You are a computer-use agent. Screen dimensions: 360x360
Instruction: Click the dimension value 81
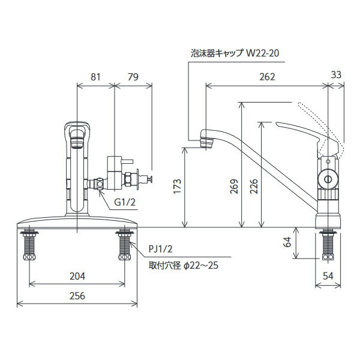(95, 77)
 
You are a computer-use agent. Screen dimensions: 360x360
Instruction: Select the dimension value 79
(133, 77)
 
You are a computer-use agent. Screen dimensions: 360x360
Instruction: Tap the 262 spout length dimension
(267, 77)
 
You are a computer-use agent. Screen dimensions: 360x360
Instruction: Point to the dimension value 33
(337, 75)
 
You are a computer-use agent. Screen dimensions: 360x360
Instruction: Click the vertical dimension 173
(178, 186)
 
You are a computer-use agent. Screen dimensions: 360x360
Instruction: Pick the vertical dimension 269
(235, 187)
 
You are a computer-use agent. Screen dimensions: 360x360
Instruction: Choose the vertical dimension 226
(254, 187)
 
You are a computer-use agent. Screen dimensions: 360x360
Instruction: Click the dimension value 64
(287, 242)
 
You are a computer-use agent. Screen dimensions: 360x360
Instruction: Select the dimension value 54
(328, 276)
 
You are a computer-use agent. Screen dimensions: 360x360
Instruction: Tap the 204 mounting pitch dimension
(77, 276)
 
